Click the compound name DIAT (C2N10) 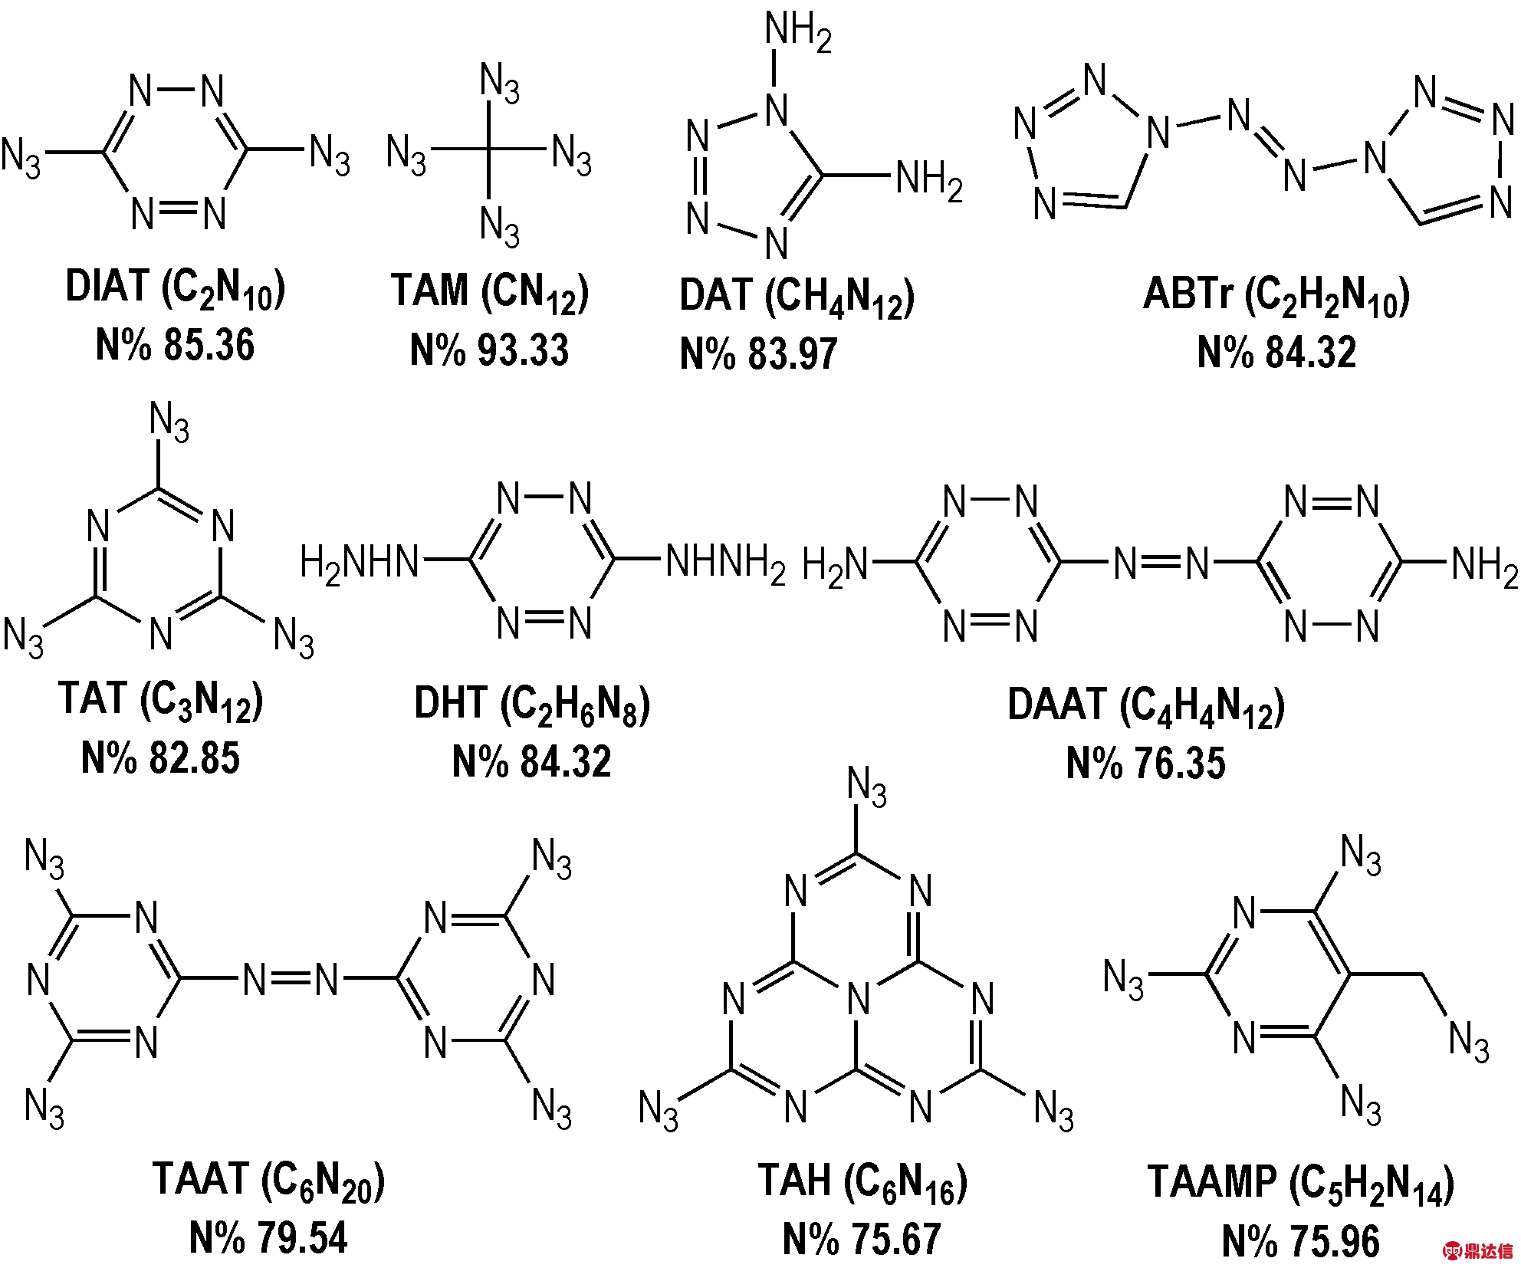coord(176,289)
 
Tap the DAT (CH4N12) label coord(797,297)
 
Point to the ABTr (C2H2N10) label coord(1276,297)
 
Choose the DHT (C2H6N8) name coord(532,705)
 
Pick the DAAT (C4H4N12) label coord(1146,707)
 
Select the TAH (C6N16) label coord(862,1182)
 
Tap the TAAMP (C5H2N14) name coord(1301,1184)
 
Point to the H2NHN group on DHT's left coord(359,563)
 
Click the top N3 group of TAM coord(500,84)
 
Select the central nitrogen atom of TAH coord(859,1000)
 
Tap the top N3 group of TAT coord(169,422)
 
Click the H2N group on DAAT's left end coord(835,566)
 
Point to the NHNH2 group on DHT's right coord(725,563)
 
